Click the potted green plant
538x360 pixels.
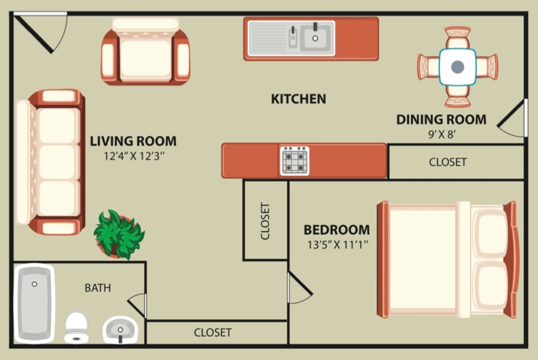point(119,234)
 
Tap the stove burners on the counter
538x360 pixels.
point(295,161)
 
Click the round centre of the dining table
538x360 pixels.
point(457,67)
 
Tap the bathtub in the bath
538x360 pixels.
point(34,302)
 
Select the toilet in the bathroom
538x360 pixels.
point(76,326)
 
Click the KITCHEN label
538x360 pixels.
point(298,99)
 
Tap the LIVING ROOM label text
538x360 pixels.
point(133,142)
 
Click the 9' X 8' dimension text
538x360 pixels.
point(441,134)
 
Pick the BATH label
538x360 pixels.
point(98,288)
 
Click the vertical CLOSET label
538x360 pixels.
point(266,221)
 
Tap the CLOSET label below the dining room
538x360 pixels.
point(448,162)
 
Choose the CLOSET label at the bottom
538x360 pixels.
point(213,333)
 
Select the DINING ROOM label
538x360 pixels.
point(441,120)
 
